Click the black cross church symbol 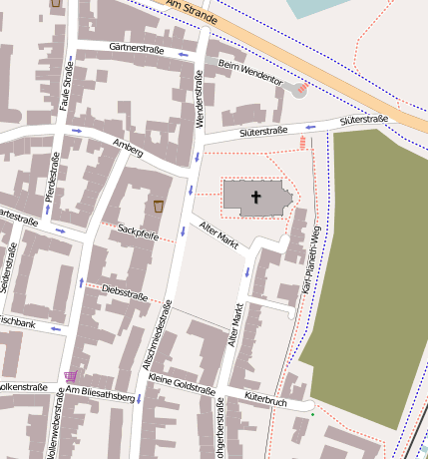[x=255, y=198]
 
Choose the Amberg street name [x=129, y=148]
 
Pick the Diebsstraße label [x=125, y=293]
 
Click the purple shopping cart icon [x=70, y=377]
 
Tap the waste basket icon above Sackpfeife [x=158, y=206]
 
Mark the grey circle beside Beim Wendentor [x=290, y=89]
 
